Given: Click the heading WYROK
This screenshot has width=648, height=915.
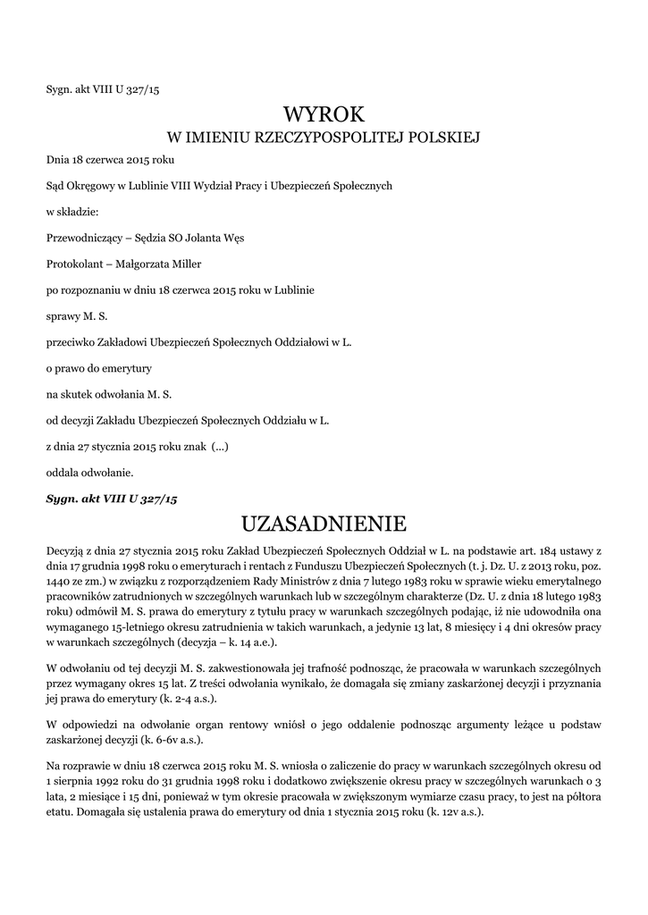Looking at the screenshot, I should [324, 114].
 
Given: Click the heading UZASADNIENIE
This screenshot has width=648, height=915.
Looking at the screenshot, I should [324, 522].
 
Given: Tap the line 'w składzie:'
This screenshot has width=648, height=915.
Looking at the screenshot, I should [72, 212].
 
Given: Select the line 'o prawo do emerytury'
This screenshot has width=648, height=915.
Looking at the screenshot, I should [98, 367].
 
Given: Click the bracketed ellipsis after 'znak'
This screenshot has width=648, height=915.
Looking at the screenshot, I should [220, 445].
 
